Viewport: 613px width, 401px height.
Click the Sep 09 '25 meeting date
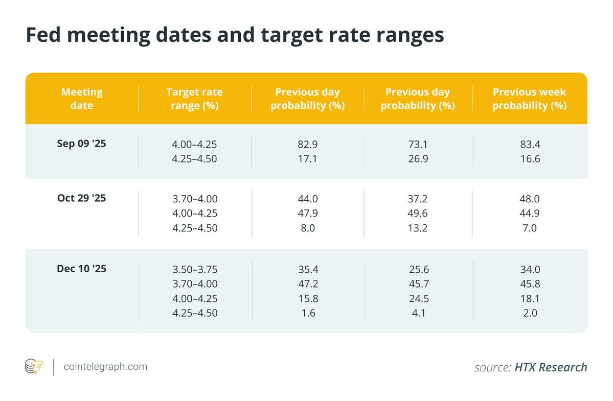click(x=81, y=144)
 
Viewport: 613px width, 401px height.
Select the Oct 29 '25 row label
click(x=81, y=198)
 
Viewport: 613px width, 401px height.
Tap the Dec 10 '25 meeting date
click(x=81, y=269)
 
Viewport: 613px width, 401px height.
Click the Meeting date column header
click(x=82, y=99)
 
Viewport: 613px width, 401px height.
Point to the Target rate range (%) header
click(x=194, y=99)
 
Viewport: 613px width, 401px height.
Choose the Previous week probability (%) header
click(x=529, y=99)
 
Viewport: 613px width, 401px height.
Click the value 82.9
click(x=308, y=145)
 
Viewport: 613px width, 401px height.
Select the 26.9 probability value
click(x=418, y=159)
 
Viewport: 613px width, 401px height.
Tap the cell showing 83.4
click(x=530, y=145)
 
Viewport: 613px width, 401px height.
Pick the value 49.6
click(x=418, y=213)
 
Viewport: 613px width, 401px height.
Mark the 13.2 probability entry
click(x=418, y=228)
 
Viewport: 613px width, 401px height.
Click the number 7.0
click(x=530, y=228)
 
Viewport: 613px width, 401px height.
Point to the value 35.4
click(x=308, y=269)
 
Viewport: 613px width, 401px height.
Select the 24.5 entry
click(x=419, y=299)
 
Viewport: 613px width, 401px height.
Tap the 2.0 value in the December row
click(x=530, y=313)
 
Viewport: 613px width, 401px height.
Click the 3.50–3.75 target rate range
click(x=195, y=269)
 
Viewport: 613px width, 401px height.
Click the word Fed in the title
click(x=43, y=34)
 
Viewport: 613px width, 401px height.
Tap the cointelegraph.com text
click(x=105, y=367)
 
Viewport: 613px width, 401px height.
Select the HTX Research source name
click(x=551, y=367)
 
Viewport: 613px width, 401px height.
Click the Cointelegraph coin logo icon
click(x=34, y=367)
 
